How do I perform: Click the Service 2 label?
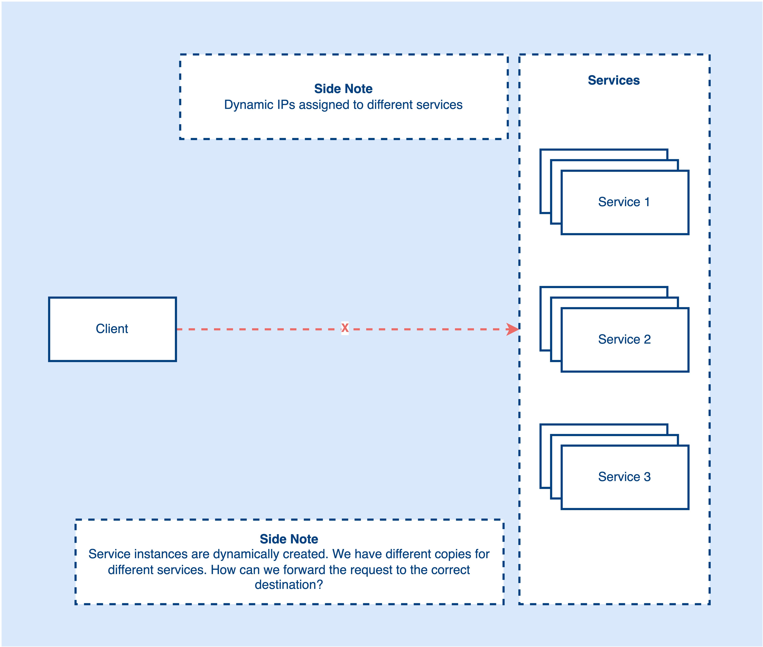pyautogui.click(x=624, y=339)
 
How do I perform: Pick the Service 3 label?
pyautogui.click(x=624, y=476)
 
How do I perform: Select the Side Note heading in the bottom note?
pyautogui.click(x=289, y=539)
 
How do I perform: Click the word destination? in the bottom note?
pyautogui.click(x=289, y=584)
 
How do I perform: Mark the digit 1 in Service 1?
pyautogui.click(x=647, y=202)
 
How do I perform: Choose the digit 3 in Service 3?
pyautogui.click(x=647, y=476)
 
